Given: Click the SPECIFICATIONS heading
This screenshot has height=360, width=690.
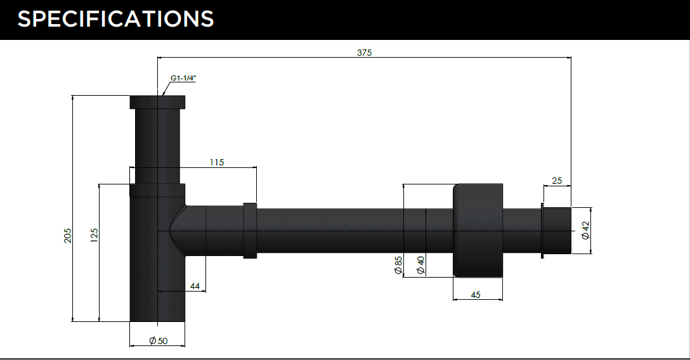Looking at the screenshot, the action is pyautogui.click(x=115, y=19).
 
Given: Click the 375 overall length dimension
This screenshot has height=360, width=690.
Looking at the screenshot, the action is pyautogui.click(x=365, y=53).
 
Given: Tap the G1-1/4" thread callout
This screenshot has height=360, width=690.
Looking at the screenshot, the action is pyautogui.click(x=183, y=78).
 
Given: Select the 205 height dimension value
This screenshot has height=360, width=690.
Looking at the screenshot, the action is pyautogui.click(x=67, y=235).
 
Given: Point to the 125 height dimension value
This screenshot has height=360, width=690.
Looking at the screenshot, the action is pyautogui.click(x=94, y=235).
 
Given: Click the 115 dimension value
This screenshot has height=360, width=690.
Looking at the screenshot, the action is pyautogui.click(x=216, y=162).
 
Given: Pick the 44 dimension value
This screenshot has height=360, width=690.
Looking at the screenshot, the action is pyautogui.click(x=195, y=286).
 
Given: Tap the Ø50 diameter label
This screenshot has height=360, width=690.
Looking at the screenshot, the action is pyautogui.click(x=158, y=340).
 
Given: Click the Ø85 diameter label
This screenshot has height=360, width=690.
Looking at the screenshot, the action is pyautogui.click(x=398, y=266).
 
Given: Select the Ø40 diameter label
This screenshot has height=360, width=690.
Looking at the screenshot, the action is pyautogui.click(x=420, y=266).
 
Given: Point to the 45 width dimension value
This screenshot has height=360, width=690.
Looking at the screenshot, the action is pyautogui.click(x=476, y=295).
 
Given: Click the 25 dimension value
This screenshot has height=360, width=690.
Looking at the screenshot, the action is pyautogui.click(x=557, y=181).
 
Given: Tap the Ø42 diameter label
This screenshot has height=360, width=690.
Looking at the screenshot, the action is pyautogui.click(x=585, y=230).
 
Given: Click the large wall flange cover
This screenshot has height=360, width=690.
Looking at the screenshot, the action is pyautogui.click(x=478, y=230).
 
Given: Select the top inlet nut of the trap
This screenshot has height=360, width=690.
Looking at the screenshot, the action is pyautogui.click(x=157, y=102).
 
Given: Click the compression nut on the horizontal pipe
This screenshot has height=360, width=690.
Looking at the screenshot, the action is pyautogui.click(x=250, y=230).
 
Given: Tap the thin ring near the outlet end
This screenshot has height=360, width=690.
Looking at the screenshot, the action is pyautogui.click(x=543, y=230).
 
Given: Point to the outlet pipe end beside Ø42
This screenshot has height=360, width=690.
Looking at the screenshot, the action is pyautogui.click(x=558, y=230).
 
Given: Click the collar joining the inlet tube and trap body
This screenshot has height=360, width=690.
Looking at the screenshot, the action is pyautogui.click(x=157, y=190).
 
